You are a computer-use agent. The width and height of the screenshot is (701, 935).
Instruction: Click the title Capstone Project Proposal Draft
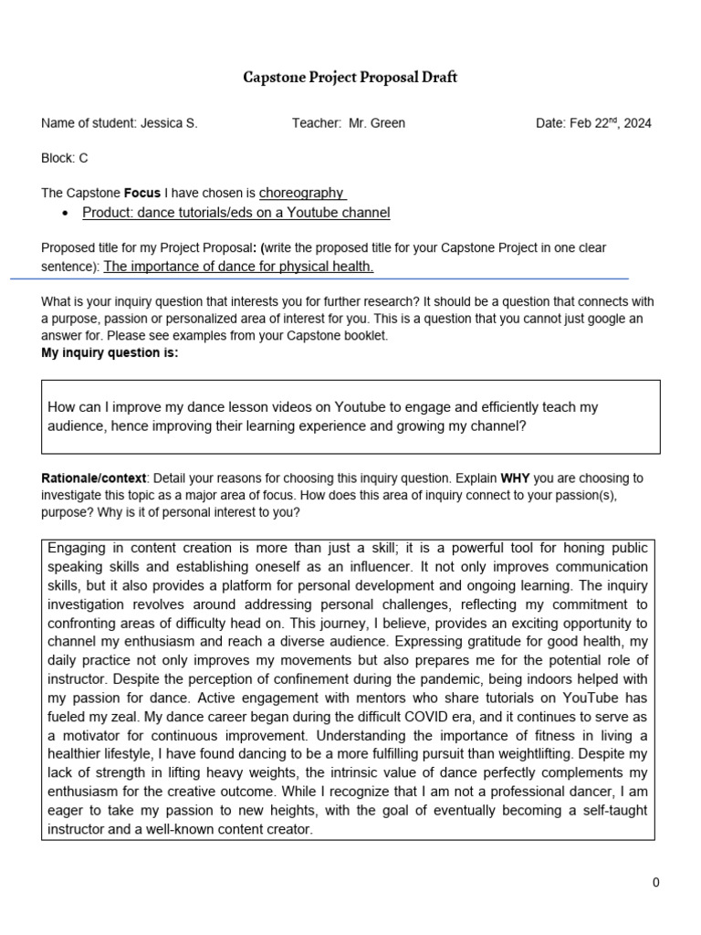point(350,78)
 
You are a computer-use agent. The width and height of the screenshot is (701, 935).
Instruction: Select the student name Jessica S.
point(169,123)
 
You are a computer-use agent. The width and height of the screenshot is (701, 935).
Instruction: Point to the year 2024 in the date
point(636,123)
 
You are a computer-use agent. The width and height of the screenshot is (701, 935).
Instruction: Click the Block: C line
point(65,158)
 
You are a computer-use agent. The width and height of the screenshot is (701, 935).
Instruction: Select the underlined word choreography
point(301,193)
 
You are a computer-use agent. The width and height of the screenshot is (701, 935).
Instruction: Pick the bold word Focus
point(141,194)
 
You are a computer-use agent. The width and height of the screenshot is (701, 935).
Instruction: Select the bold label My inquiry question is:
point(110,353)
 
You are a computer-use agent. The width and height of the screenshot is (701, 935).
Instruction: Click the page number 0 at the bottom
point(655,882)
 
